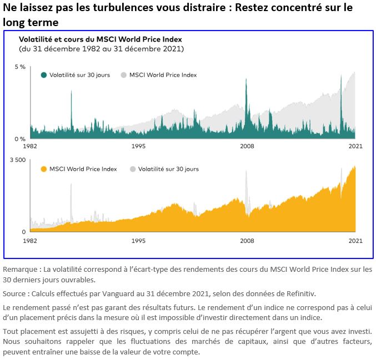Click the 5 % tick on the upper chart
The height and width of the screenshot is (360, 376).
pos(19,67)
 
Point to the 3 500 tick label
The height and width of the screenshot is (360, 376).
pos(18,160)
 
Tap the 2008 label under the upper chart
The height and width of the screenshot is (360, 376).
pos(247,146)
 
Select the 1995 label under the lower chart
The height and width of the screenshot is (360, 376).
pos(138,241)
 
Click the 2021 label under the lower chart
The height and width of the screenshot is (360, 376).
pos(355,241)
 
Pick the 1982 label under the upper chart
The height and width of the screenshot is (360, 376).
pos(30,146)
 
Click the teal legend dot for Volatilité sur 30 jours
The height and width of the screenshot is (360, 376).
pos(44,75)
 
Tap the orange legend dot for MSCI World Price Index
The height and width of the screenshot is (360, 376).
pos(44,169)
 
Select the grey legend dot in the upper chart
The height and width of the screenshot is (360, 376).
pos(124,75)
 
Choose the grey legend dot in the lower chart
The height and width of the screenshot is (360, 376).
pos(132,169)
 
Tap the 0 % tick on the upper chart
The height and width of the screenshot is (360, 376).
pos(19,139)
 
